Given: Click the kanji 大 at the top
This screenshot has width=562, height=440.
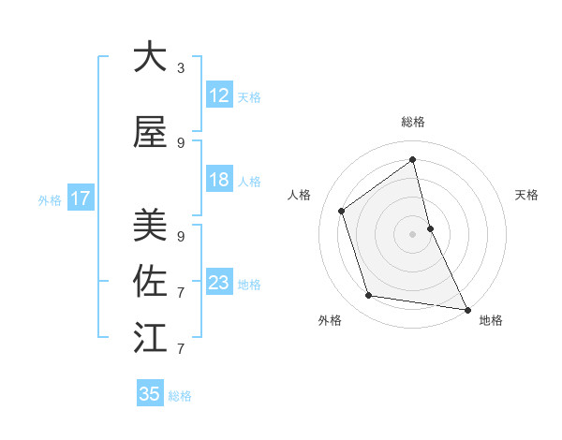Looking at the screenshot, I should click(150, 57).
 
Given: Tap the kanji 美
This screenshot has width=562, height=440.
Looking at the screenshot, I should click(150, 224).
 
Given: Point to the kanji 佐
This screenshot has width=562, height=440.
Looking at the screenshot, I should click(150, 281).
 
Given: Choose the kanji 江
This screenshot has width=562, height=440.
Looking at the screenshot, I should click(150, 337).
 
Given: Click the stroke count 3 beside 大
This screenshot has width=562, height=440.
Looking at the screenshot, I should click(181, 68).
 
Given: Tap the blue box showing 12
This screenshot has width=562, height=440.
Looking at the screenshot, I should click(219, 95).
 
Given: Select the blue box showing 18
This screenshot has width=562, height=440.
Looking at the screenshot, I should click(219, 180).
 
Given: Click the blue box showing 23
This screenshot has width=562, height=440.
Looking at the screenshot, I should click(219, 283).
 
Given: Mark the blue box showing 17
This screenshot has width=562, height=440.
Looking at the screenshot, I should click(80, 198).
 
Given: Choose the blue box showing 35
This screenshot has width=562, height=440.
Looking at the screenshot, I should click(150, 394).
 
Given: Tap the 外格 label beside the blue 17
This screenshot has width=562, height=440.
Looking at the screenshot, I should click(50, 199).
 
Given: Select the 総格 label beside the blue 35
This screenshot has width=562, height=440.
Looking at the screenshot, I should click(180, 395).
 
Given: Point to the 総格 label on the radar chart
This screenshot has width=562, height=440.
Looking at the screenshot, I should click(412, 122).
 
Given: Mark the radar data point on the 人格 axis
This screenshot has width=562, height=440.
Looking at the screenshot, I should click(342, 211).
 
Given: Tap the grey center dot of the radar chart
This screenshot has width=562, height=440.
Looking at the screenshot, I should click(412, 233).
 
